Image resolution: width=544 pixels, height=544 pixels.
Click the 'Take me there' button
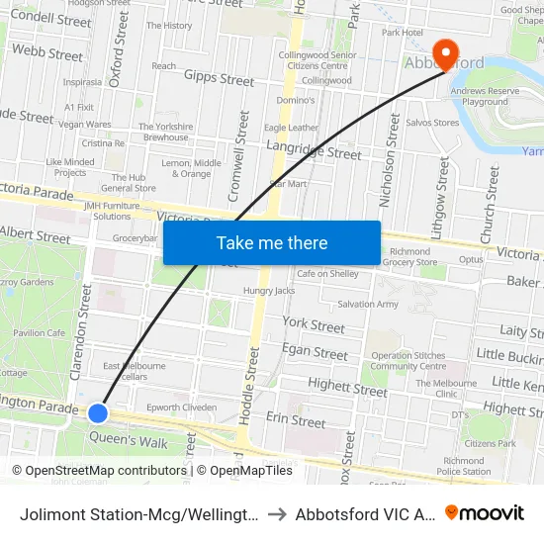pos(272,242)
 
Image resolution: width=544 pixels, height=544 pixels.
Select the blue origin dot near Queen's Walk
pos(98,412)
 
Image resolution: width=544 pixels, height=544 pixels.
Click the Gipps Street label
pos(219,78)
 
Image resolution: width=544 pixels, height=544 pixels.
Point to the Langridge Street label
pos(314,152)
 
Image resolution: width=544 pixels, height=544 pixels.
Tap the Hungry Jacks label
pos(269,291)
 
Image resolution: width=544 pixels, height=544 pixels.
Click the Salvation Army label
pos(369,304)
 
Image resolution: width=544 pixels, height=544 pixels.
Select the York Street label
pos(314,324)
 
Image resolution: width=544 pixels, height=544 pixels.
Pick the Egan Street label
pos(315,353)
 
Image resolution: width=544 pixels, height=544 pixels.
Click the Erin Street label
pos(295,421)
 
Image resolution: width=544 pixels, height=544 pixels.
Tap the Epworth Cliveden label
pos(181,407)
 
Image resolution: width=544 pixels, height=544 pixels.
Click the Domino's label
pos(296,100)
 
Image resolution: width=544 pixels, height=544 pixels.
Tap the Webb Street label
pos(47,51)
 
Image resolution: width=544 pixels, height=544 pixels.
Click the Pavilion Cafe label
pos(39,333)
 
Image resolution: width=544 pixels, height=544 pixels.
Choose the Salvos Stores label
pos(433,123)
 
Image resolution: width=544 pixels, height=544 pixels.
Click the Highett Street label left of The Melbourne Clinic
pos(346,390)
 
